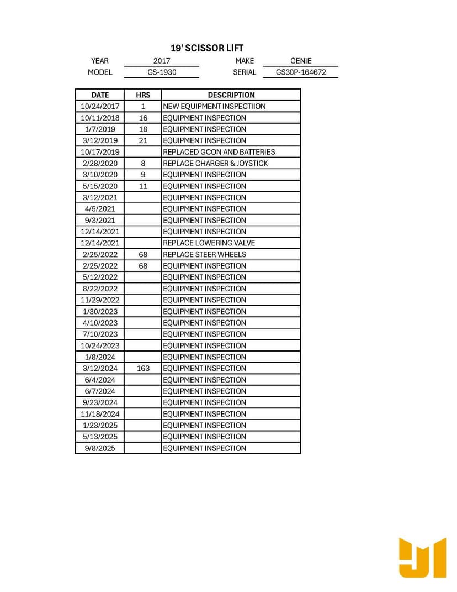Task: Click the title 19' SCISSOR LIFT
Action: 207,48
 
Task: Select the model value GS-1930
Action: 162,72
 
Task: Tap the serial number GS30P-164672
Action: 301,72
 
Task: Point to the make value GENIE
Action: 301,61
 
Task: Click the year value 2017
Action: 162,61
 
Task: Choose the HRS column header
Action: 143,95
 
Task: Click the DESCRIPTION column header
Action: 231,95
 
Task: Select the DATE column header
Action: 100,95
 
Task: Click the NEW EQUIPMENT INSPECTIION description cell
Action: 214,106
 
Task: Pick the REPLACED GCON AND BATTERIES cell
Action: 219,152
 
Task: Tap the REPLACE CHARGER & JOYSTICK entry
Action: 215,163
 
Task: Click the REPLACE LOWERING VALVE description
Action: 209,243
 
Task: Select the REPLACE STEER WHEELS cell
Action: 204,254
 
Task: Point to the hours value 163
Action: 143,368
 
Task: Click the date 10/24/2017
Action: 100,106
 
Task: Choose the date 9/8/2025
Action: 100,448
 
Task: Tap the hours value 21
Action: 143,140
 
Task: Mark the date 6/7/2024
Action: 100,391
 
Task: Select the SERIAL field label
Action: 245,72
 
